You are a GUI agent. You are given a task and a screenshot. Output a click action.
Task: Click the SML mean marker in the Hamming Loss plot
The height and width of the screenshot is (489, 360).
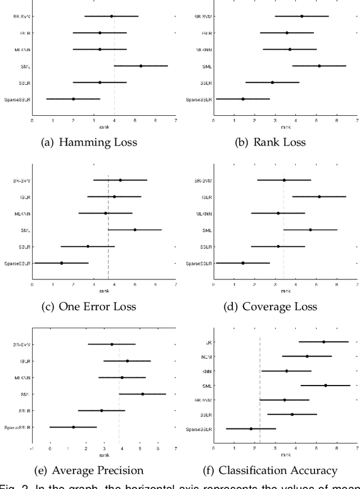141,66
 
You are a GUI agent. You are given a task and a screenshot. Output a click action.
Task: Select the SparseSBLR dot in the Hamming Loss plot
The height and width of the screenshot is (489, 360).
73,99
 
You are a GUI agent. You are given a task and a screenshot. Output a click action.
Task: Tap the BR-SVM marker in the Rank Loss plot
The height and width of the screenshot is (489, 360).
302,16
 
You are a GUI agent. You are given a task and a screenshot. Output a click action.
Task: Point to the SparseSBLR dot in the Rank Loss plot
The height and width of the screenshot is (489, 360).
243,99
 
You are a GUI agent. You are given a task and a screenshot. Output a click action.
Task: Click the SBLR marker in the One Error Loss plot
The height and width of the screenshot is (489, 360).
88,246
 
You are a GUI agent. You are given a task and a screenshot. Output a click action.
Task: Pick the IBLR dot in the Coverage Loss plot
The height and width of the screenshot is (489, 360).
319,197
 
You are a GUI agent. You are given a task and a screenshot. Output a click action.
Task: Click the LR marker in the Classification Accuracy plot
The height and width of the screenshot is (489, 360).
323,342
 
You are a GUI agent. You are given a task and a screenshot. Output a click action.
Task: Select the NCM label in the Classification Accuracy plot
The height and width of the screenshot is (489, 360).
206,356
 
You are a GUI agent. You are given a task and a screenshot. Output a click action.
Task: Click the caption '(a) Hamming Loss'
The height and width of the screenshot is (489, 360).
89,142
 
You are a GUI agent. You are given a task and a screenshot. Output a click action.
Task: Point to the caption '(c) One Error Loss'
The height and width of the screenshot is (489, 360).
89,306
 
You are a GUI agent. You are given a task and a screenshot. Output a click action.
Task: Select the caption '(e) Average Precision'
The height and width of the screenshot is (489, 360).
89,470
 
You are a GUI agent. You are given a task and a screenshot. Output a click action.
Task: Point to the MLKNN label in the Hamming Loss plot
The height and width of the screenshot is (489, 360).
22,49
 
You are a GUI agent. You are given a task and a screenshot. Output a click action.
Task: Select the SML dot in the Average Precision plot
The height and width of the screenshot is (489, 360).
142,394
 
